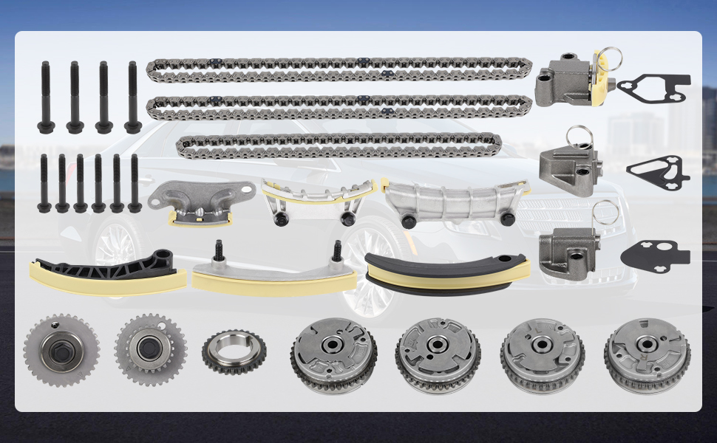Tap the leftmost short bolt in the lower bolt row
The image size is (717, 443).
click(44, 183)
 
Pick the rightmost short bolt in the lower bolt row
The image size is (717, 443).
click(135, 183)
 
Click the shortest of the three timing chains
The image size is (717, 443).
click(339, 145)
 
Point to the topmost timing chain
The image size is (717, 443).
click(339, 70)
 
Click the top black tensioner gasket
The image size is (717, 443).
click(653, 87)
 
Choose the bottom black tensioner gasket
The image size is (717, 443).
click(654, 254)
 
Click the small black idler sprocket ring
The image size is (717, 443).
click(234, 351)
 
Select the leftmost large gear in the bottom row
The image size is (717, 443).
click(61, 351)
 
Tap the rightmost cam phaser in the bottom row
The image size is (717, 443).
click(647, 356)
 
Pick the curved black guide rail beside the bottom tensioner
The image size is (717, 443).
click(446, 270)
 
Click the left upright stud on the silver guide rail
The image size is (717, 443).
click(219, 253)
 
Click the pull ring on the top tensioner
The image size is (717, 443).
click(608, 56)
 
